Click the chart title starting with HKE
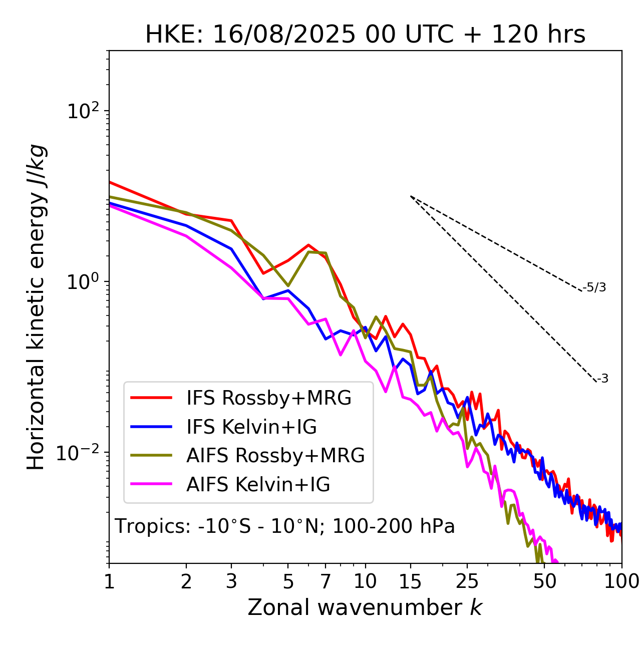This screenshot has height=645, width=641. [x=365, y=35]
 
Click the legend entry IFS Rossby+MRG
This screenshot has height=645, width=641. [x=268, y=398]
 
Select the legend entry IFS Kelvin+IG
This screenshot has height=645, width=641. [x=251, y=427]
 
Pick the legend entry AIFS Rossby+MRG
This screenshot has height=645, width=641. [x=275, y=456]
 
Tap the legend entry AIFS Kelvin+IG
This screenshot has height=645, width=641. [x=258, y=485]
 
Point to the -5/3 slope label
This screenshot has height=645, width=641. [x=594, y=287]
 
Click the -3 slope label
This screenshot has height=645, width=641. [x=602, y=379]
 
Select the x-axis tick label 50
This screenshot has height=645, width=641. [x=544, y=581]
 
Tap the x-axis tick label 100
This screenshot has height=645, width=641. [x=621, y=581]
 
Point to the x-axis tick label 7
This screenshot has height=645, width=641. [x=326, y=581]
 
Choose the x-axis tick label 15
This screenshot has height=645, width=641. [x=410, y=581]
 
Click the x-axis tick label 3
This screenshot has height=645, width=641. [x=231, y=581]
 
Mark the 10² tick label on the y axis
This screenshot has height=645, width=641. [x=82, y=111]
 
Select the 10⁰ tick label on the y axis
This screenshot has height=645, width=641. [x=82, y=282]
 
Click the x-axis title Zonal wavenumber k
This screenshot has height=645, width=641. [x=365, y=607]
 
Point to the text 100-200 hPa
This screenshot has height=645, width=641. [x=394, y=527]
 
